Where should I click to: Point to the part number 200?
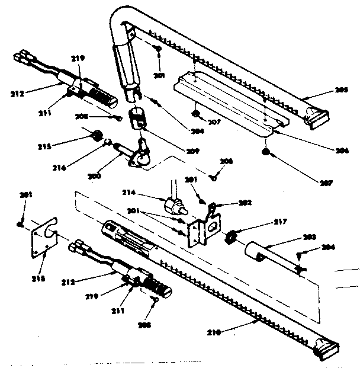pos(95,176)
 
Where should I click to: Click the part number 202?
pos(245,202)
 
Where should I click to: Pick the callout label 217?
pos(280,222)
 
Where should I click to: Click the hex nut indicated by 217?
pos(230,237)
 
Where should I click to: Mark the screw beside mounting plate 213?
pos(20,224)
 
